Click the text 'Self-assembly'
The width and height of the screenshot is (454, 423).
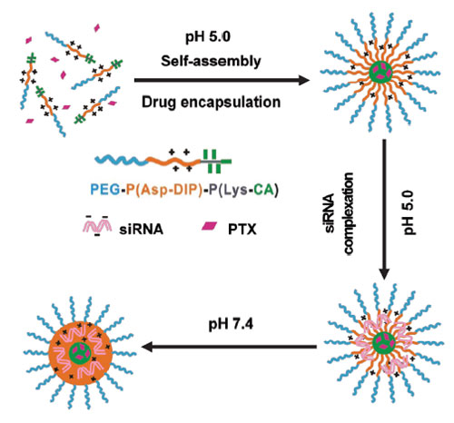click(x=211, y=62)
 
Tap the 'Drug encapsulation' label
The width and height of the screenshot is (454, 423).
click(x=211, y=102)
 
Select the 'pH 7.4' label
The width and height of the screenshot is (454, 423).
click(x=231, y=324)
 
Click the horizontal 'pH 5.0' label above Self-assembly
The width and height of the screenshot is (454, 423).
click(x=208, y=37)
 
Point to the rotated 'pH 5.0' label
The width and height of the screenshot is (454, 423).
click(x=410, y=212)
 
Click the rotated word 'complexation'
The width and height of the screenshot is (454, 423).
click(x=348, y=213)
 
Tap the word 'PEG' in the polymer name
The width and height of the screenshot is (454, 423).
click(x=104, y=190)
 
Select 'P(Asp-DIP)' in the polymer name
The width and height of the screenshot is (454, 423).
click(x=163, y=191)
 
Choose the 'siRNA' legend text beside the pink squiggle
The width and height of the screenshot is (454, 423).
click(x=141, y=230)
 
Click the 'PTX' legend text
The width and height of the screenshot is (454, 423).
click(x=242, y=230)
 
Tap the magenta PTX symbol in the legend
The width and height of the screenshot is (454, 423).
click(x=210, y=226)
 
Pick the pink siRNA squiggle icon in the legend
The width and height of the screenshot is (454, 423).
click(x=97, y=226)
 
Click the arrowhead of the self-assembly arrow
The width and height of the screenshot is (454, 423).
click(x=304, y=80)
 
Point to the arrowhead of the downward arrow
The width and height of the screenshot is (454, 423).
click(x=384, y=274)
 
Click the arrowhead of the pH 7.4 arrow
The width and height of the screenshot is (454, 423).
click(x=147, y=347)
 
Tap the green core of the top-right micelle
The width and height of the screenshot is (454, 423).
click(x=380, y=73)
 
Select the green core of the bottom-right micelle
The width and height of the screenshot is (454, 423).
click(x=384, y=343)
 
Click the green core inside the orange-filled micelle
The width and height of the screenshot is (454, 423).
click(x=80, y=353)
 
